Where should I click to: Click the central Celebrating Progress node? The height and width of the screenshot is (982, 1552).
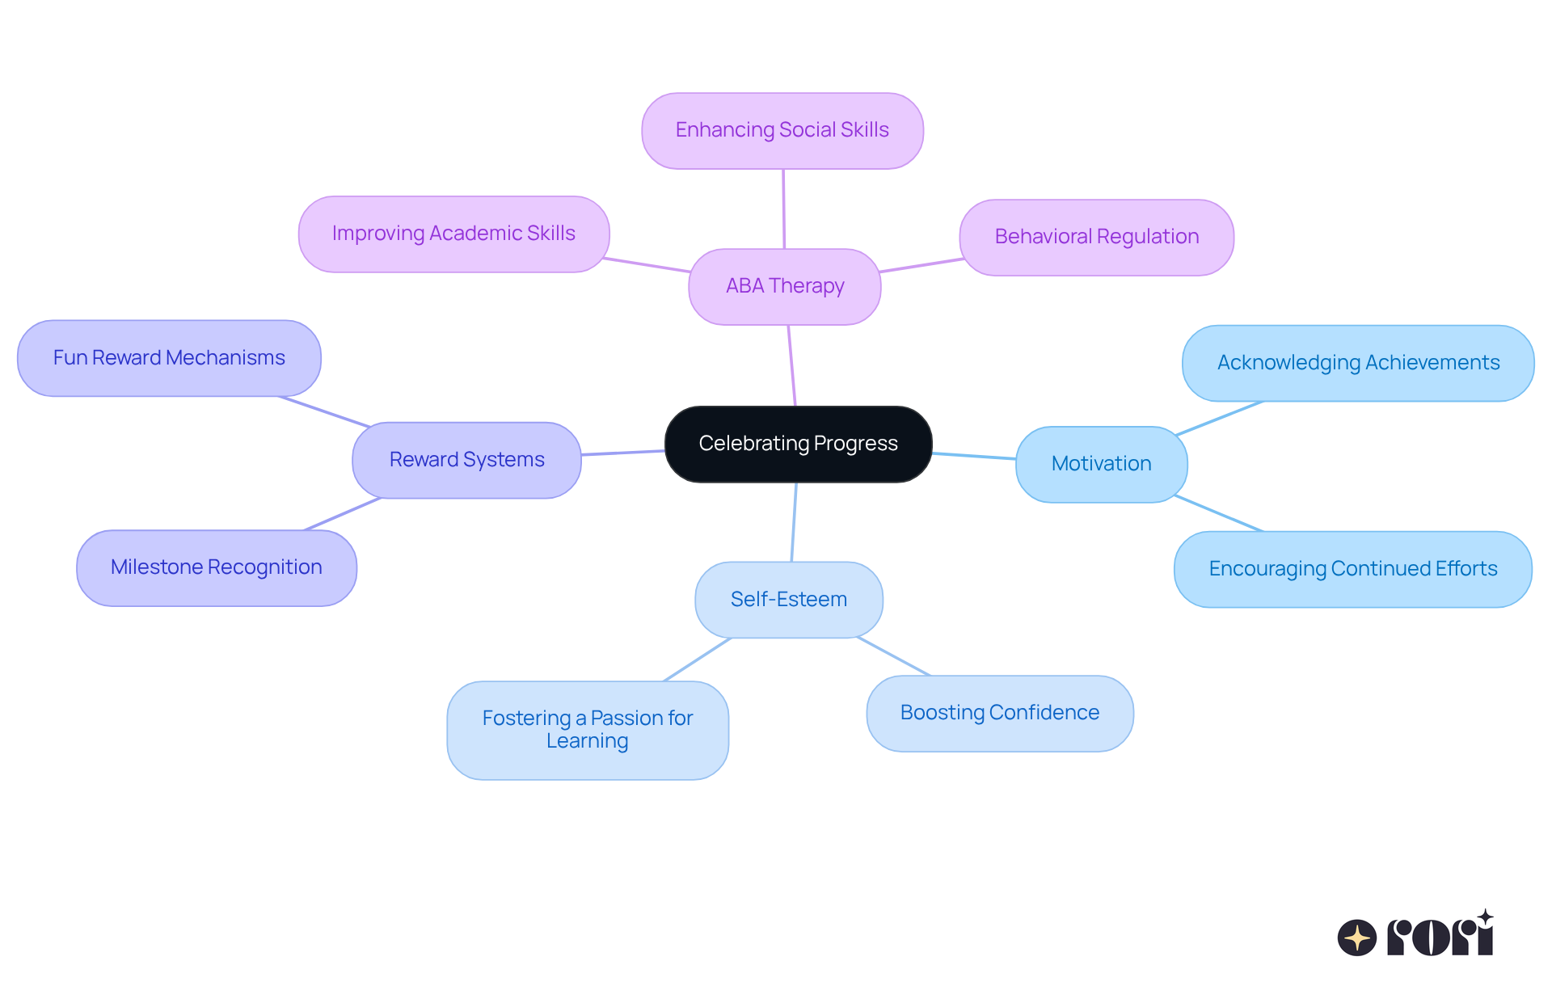tap(798, 444)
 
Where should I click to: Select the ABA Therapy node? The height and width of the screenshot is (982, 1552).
tap(784, 286)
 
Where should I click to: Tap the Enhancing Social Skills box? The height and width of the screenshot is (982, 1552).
tap(782, 130)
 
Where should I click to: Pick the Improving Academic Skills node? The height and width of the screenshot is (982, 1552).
tap(453, 234)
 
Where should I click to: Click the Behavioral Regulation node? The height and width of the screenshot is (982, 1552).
tap(1096, 237)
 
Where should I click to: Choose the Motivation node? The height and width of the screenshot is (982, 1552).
tap(1101, 464)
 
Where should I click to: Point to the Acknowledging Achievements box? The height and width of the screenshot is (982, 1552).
tap(1358, 363)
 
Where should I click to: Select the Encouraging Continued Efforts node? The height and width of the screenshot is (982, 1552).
tap(1352, 569)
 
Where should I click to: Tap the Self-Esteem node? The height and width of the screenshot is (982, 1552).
tap(788, 600)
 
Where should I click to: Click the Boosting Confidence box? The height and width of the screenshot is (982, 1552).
tap(999, 713)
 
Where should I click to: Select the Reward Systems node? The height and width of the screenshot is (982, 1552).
tap(466, 460)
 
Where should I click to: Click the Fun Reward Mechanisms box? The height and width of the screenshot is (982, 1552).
tap(169, 358)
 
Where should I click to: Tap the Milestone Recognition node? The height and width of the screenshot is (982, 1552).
tap(216, 567)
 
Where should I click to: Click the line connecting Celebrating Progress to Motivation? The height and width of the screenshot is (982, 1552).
tap(974, 456)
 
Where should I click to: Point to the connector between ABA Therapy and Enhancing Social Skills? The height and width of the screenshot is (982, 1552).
tap(783, 209)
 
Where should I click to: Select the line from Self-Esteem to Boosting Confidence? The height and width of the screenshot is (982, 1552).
tap(894, 656)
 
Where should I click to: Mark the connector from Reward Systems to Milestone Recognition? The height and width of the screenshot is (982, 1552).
tap(343, 514)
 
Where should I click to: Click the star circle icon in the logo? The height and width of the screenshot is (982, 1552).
tap(1356, 938)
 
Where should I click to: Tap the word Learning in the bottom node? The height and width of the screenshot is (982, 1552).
tap(587, 741)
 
